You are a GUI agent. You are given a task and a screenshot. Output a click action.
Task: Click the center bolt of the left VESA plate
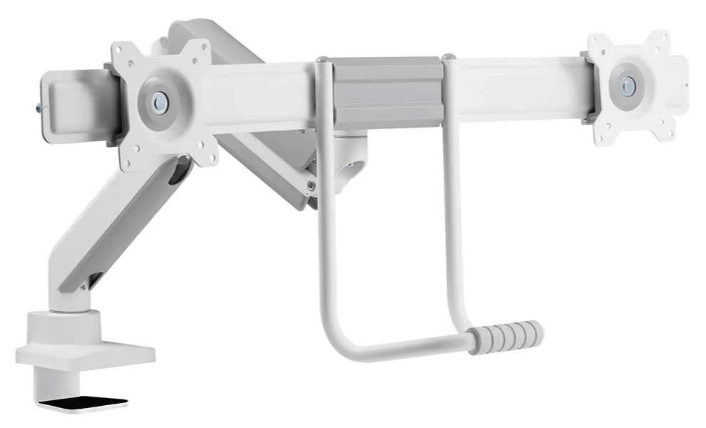click(160, 103)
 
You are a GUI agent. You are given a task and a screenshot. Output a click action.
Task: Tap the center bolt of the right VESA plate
click(628, 86)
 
